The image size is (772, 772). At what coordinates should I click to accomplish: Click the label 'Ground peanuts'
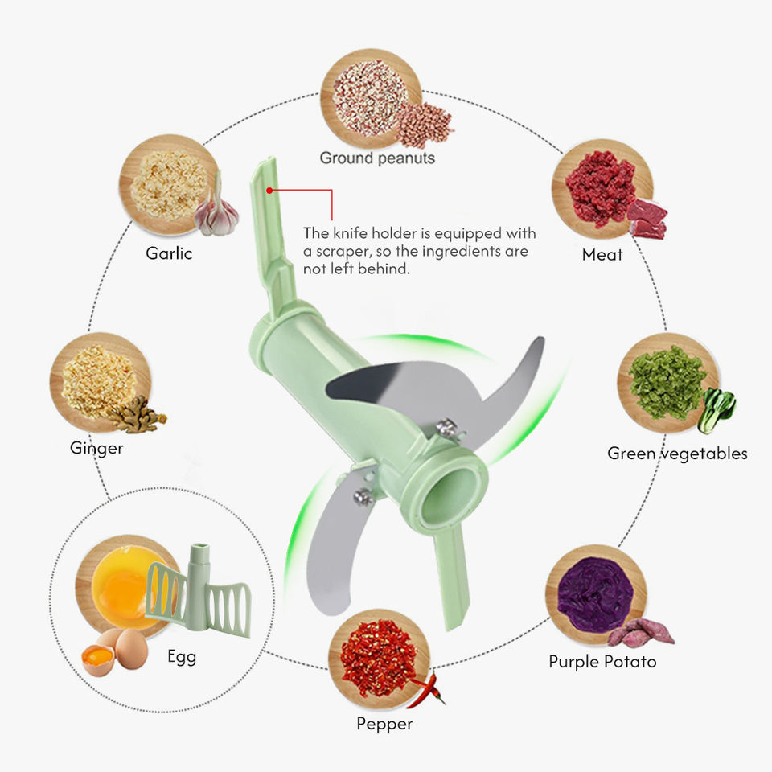point(377,158)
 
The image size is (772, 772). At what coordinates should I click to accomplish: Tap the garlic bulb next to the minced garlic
point(218,211)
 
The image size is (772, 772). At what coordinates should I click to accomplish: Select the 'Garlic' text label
point(169,253)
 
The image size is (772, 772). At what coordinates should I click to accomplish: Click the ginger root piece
point(141,416)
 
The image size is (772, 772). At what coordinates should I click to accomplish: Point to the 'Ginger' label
point(96,448)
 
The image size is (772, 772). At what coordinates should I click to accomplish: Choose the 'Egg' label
point(182,656)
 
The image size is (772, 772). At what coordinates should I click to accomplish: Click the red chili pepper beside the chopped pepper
point(425,689)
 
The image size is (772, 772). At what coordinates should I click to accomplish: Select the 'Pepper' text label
point(384,724)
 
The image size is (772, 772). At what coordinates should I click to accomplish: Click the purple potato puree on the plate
point(590,591)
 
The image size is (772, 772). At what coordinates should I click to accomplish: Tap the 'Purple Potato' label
point(602,662)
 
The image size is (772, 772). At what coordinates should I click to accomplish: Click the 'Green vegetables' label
point(677,454)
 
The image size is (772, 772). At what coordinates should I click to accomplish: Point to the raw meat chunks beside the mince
point(647,218)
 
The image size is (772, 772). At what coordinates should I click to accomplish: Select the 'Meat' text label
point(602,255)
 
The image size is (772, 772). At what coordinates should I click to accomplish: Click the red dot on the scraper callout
point(270,191)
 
